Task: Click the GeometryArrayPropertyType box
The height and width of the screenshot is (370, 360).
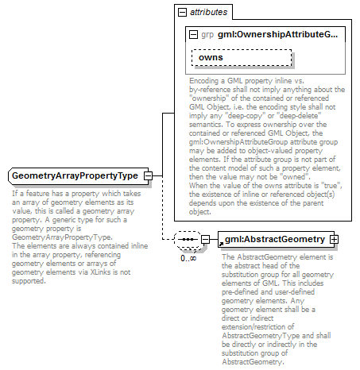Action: pos(75,175)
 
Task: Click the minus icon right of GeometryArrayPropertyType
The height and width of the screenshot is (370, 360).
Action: pos(149,175)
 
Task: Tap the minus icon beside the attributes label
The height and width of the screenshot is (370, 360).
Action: pos(182,13)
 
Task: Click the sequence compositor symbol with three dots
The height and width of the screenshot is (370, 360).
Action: pos(188,239)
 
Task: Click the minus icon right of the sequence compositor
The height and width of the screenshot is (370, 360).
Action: pos(205,239)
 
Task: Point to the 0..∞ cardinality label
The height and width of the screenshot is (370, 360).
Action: pos(188,258)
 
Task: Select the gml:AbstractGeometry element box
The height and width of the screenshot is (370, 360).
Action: pos(274,239)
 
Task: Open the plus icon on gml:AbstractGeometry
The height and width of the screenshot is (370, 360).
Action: pos(335,239)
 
